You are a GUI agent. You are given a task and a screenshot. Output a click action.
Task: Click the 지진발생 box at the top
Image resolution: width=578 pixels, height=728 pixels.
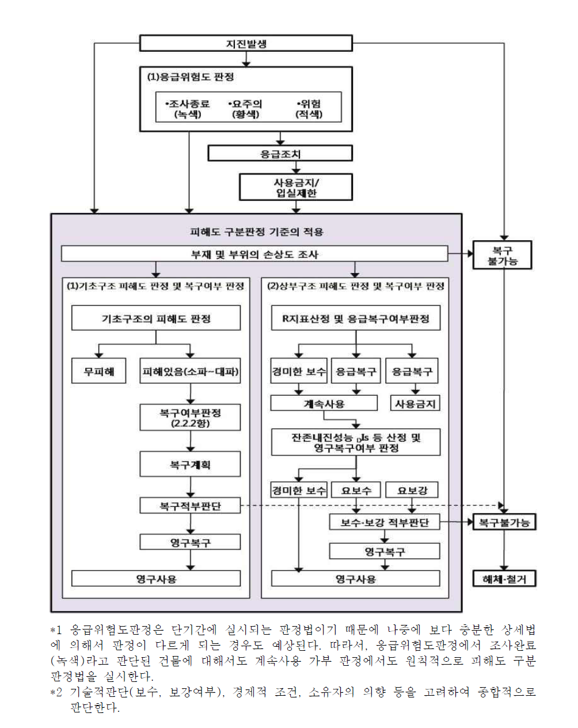[246, 43]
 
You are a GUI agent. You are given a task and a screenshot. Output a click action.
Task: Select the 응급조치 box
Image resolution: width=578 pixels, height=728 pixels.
[280, 153]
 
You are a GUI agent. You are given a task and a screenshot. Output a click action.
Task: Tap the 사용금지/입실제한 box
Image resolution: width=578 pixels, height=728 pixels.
[296, 187]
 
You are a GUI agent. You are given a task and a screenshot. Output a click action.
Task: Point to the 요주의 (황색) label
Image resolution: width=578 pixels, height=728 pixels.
[246, 109]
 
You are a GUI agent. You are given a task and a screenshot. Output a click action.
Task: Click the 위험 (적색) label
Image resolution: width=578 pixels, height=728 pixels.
[310, 109]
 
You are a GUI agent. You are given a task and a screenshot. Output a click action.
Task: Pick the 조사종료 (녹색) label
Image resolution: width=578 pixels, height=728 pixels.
[188, 109]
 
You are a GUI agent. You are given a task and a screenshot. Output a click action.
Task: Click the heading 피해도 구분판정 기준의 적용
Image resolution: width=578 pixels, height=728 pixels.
[257, 232]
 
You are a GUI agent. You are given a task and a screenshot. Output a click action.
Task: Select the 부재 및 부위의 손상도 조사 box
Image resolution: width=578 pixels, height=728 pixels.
[254, 254]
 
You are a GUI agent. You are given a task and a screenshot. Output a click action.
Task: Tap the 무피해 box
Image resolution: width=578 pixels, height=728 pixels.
[98, 371]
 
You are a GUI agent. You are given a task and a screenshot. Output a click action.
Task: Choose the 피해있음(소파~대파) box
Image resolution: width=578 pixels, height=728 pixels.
[190, 371]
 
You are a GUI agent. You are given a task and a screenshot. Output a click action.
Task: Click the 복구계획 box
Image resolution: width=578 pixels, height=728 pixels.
[190, 464]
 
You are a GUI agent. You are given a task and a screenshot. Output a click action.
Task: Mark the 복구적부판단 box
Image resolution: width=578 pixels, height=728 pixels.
[190, 506]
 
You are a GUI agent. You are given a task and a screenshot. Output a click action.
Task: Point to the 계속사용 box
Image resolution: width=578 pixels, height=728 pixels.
[324, 403]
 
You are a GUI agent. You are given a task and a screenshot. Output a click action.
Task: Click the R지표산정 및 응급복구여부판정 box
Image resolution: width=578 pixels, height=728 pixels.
[356, 318]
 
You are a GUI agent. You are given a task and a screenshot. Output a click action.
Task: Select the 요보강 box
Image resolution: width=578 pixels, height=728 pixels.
[412, 491]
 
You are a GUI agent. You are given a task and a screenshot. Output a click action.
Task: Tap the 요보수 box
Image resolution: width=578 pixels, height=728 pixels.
[356, 491]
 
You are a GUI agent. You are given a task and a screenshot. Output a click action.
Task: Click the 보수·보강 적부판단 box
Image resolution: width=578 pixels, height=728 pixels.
[385, 522]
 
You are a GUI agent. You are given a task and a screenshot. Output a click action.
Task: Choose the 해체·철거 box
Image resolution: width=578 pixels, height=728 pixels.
[504, 578]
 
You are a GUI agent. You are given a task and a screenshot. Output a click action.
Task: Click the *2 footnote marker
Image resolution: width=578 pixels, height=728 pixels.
[56, 692]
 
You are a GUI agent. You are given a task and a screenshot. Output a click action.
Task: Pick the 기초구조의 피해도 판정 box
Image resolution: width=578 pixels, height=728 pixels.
[156, 318]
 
